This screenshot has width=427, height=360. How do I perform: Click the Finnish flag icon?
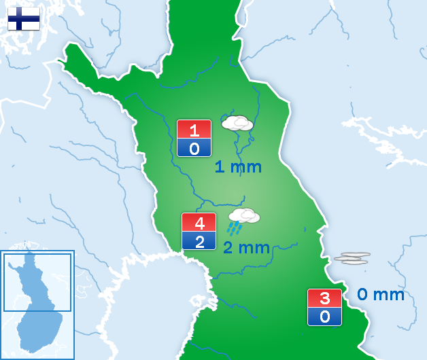23,19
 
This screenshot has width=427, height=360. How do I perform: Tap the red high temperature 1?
194,130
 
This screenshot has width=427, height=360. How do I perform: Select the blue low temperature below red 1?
194,148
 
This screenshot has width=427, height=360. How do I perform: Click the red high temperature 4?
199,223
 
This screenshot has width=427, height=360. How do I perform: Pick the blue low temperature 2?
199,241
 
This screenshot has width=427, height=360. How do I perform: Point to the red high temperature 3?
324,298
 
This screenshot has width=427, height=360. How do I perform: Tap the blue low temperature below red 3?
324,317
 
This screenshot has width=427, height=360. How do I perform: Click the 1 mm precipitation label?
238,167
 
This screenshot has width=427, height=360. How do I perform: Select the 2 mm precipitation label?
246,248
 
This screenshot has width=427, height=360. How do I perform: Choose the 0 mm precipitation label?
381,295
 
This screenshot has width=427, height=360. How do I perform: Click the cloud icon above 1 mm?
237,123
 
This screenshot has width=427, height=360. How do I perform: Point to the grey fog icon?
352,258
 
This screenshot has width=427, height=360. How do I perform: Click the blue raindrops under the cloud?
235,228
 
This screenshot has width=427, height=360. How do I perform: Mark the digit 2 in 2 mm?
228,248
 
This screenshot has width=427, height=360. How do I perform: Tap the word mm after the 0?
390,295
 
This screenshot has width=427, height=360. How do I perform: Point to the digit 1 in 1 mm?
220,167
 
